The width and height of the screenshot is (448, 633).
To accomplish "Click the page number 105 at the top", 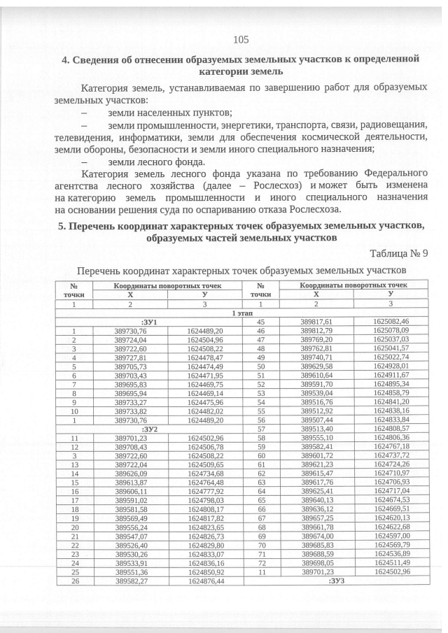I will (241, 39).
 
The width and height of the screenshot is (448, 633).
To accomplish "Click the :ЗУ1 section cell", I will (148, 322).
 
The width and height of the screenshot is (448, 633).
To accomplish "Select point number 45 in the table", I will (260, 322).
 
